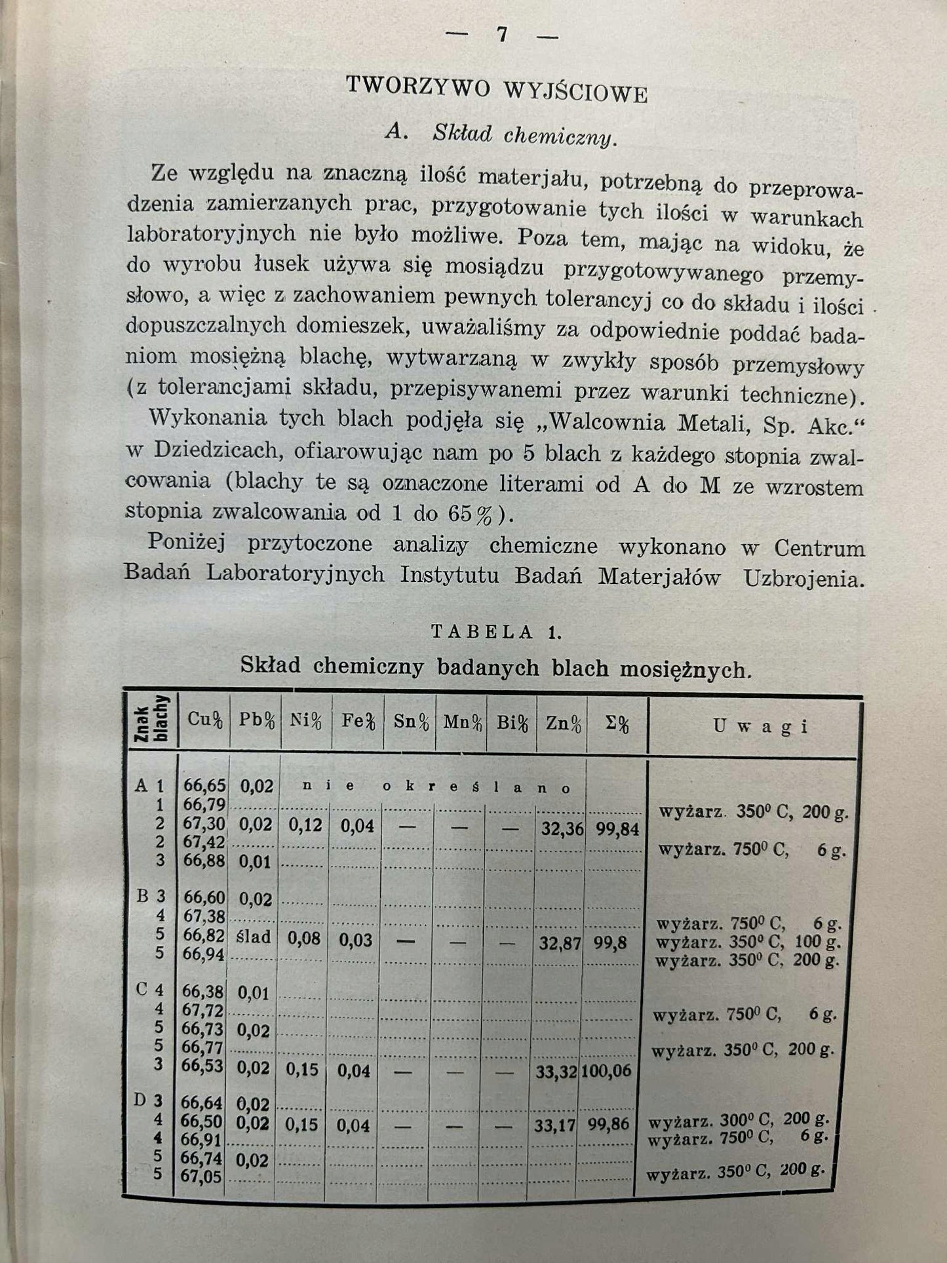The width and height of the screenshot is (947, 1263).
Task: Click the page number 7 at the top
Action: tap(501, 33)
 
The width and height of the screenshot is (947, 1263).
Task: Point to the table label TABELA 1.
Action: tap(496, 632)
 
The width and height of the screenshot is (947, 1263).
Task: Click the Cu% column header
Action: tap(204, 719)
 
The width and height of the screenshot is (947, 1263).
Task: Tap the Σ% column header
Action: tap(615, 724)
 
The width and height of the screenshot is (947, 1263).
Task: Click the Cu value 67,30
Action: tap(204, 824)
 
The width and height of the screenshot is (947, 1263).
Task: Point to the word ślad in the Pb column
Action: tap(255, 937)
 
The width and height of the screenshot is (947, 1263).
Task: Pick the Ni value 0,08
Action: tap(305, 938)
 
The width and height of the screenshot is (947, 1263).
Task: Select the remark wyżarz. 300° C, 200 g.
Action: tap(736, 1119)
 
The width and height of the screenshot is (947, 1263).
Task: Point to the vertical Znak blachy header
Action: tap(151, 719)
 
